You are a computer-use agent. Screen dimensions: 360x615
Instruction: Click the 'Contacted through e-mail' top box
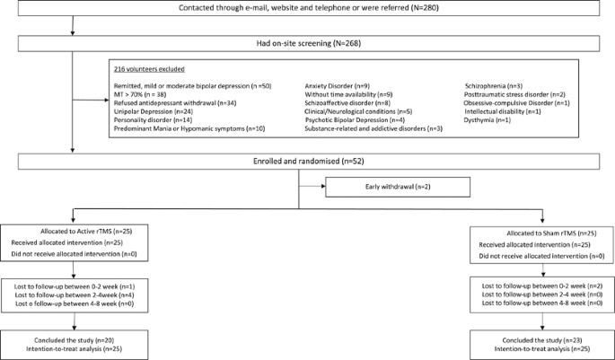[x=307, y=10]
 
